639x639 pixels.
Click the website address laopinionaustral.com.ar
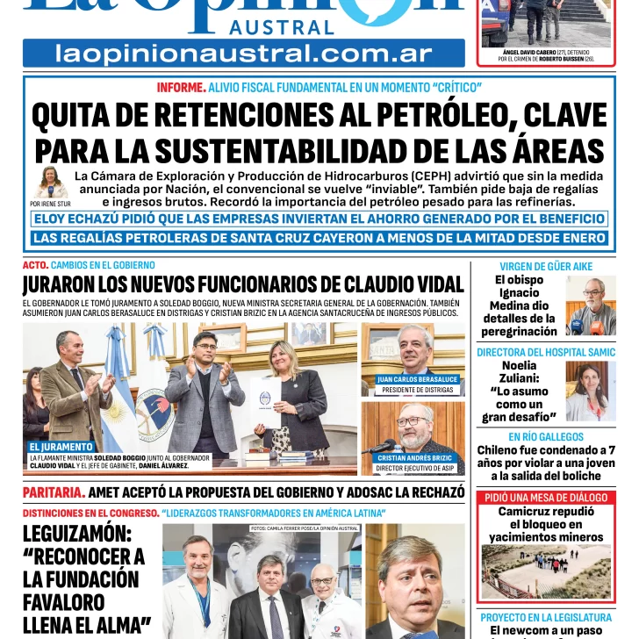[244, 54]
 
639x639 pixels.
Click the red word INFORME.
[181, 87]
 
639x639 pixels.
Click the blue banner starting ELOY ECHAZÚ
[319, 219]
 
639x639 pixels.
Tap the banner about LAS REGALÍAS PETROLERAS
[319, 238]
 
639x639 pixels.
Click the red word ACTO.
[35, 265]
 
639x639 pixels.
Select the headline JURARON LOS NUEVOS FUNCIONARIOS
[243, 284]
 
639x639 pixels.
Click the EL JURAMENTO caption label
[61, 447]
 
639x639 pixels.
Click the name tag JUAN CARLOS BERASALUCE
[418, 379]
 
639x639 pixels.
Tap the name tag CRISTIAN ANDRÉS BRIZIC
[415, 457]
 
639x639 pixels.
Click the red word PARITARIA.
[53, 492]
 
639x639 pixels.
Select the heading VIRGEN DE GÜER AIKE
[546, 266]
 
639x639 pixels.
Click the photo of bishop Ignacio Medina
[591, 305]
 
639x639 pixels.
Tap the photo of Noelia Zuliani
[591, 392]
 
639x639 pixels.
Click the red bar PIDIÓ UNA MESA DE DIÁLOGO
[546, 498]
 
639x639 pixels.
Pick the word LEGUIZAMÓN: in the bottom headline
[76, 534]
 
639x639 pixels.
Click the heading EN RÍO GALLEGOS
[546, 437]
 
